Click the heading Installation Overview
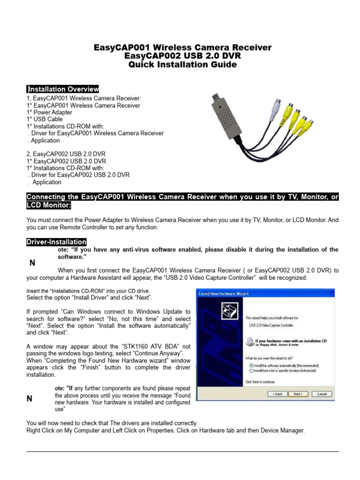click(x=63, y=89)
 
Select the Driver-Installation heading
click(x=56, y=242)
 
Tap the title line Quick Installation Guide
click(x=182, y=65)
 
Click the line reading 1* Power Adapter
click(x=50, y=112)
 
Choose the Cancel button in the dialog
click(x=321, y=394)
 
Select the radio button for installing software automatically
click(x=252, y=365)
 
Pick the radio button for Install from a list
click(x=252, y=370)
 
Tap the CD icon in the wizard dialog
click(x=249, y=341)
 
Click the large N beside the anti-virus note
click(x=32, y=263)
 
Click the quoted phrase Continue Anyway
click(x=154, y=353)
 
